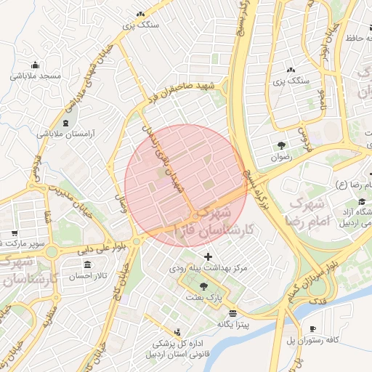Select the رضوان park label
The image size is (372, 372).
click(280, 156)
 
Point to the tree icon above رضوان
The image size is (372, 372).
click(281, 145)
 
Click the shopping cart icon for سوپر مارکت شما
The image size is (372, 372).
click(14, 233)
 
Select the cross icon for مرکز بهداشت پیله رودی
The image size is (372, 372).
click(209, 256)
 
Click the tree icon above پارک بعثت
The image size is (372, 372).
click(213, 286)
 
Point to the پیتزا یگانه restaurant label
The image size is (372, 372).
click(232, 325)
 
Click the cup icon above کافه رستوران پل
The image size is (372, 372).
click(313, 328)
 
